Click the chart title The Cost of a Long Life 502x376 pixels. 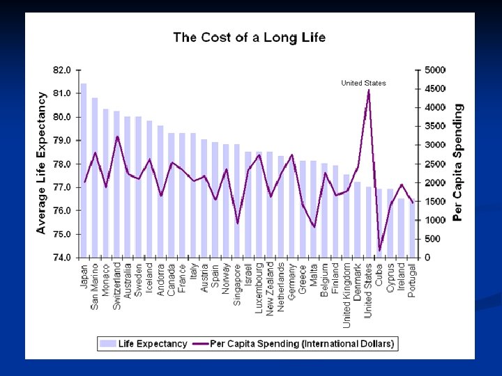click(x=249, y=38)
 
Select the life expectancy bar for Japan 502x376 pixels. click(x=84, y=171)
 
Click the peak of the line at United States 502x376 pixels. click(x=368, y=90)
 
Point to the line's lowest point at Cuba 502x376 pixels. click(x=379, y=250)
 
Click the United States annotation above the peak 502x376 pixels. click(x=363, y=83)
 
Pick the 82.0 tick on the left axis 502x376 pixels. click(x=62, y=70)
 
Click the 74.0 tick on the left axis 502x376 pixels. click(x=62, y=258)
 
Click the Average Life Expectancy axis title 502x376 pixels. click(x=41, y=163)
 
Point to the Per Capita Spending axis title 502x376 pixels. click(x=458, y=163)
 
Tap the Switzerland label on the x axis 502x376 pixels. click(x=117, y=285)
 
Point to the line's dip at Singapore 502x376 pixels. click(x=237, y=224)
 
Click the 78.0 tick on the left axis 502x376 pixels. click(x=62, y=164)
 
